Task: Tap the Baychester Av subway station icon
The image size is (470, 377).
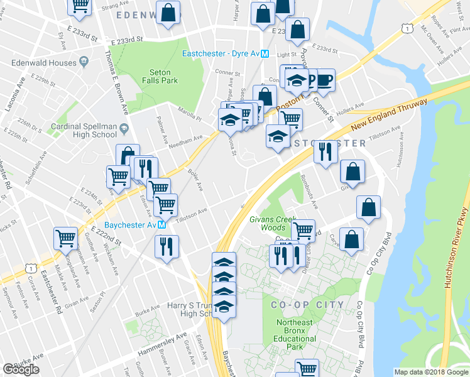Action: click(162, 224)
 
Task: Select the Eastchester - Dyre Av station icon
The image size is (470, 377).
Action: click(265, 54)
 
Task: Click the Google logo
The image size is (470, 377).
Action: click(21, 369)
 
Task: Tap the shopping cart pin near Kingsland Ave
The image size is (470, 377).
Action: click(65, 238)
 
